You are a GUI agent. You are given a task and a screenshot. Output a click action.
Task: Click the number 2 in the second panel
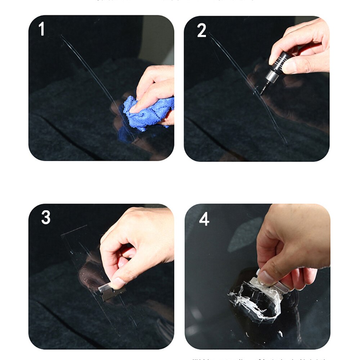[202, 31]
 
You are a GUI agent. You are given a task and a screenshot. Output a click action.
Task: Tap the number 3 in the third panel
[46, 218]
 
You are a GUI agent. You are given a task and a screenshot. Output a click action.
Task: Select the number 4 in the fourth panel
[204, 219]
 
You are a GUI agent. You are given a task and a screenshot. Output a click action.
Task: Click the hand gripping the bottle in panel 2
[302, 47]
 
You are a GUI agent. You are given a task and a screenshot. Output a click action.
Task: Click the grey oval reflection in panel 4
[245, 234]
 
